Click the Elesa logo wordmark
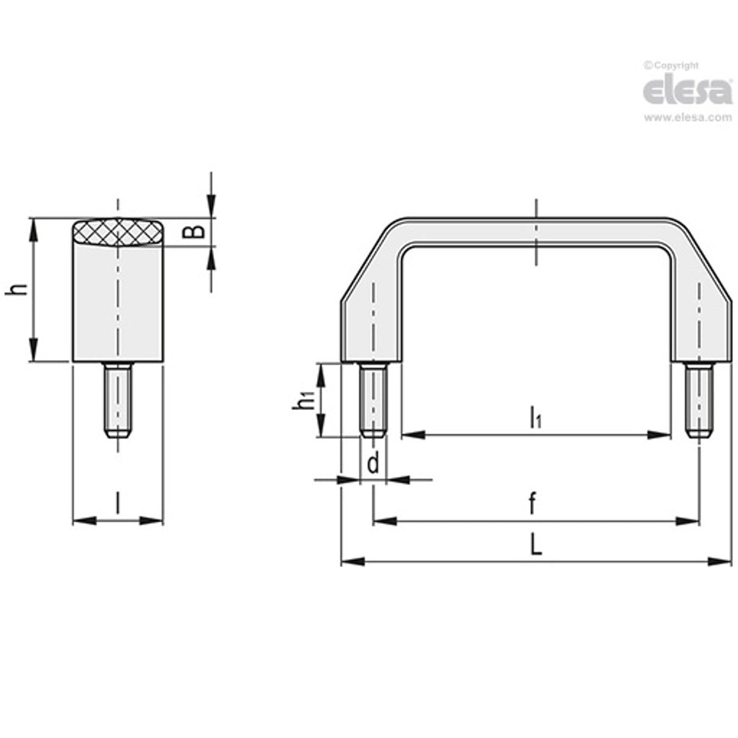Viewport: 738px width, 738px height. pyautogui.click(x=687, y=91)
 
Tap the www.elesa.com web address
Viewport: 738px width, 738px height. pyautogui.click(x=688, y=117)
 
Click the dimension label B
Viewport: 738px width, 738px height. pyautogui.click(x=193, y=232)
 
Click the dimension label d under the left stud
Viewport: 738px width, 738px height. pyautogui.click(x=373, y=464)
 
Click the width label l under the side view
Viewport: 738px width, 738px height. pyautogui.click(x=117, y=504)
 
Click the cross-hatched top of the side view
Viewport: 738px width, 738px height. pyautogui.click(x=118, y=232)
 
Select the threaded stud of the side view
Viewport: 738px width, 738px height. pyautogui.click(x=118, y=400)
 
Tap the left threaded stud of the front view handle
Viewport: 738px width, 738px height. pyautogui.click(x=373, y=400)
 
